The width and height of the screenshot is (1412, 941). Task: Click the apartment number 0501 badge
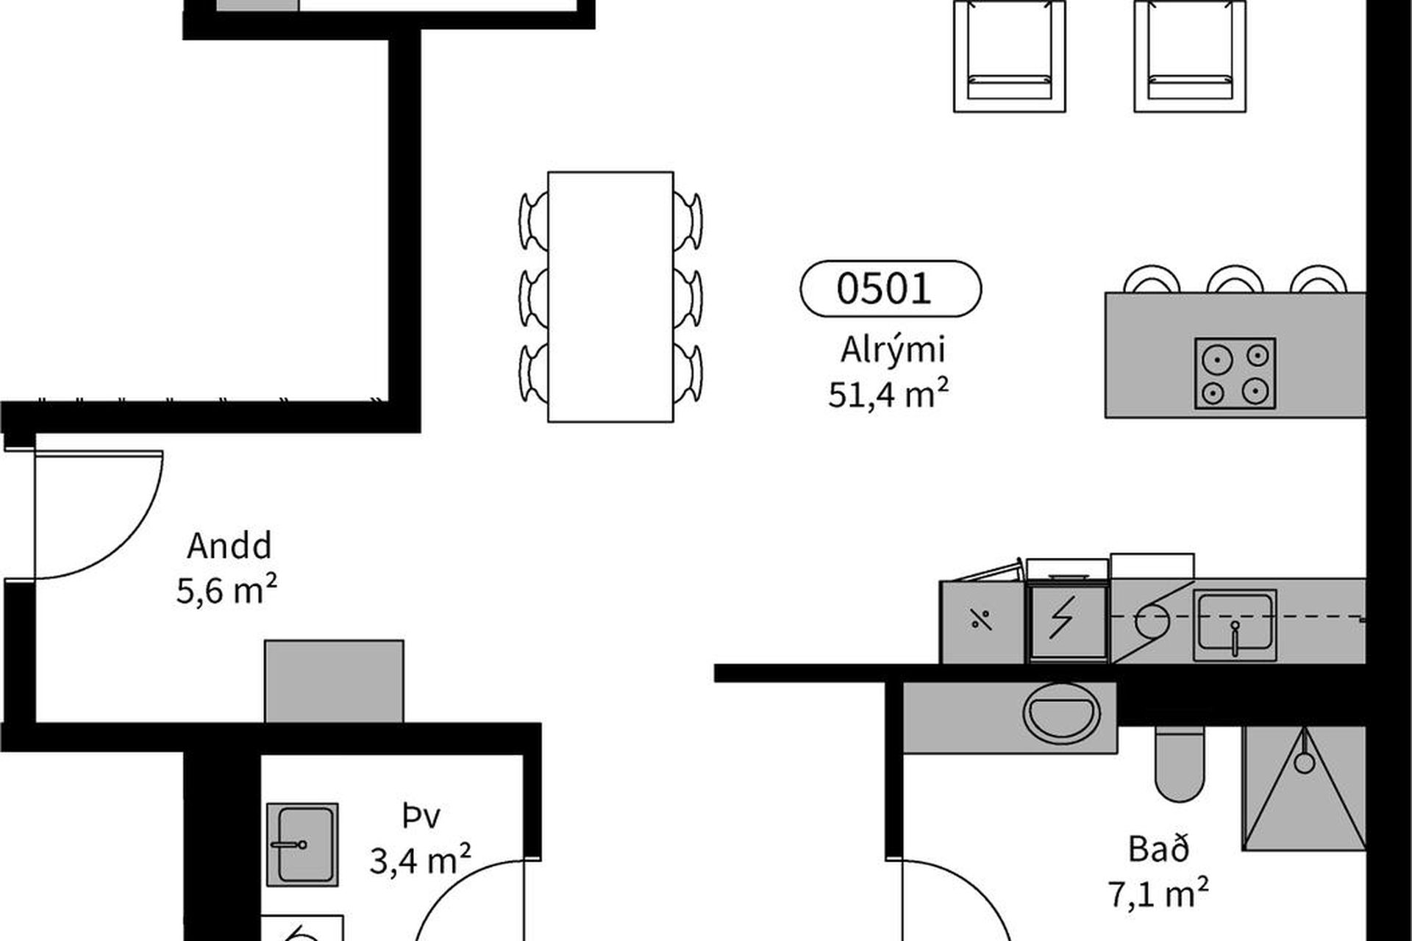coord(890,288)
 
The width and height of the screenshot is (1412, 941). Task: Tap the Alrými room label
coord(892,351)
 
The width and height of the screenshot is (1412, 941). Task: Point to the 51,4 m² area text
coord(888,395)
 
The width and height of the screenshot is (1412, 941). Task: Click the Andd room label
coord(229,545)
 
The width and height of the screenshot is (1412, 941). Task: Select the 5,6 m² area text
coord(227,590)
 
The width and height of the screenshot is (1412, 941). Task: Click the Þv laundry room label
coord(421,816)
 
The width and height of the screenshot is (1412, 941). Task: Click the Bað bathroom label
coord(1158,849)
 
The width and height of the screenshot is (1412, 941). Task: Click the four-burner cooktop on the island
coord(1235,373)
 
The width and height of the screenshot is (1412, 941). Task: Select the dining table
coord(610,297)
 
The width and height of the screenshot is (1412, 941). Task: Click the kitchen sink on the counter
coord(1235,625)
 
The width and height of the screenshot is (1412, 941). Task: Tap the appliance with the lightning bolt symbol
coord(1068,619)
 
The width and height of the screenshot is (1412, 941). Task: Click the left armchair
coord(1010,56)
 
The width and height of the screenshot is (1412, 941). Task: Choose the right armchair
coord(1190,56)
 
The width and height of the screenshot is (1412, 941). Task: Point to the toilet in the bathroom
coord(1181,763)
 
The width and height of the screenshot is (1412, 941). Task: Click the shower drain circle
coord(1304,762)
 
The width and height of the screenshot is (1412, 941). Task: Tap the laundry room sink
coord(302,844)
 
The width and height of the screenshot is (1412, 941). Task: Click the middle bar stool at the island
coord(1235,279)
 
